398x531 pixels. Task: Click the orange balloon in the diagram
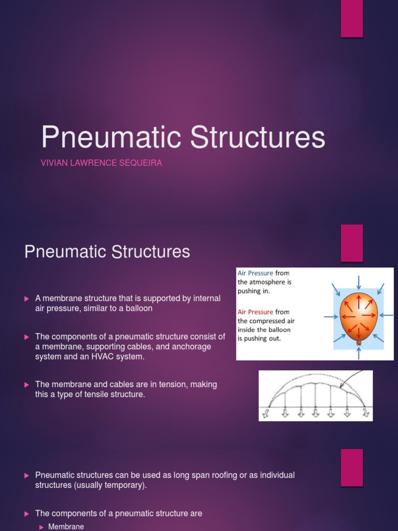pyautogui.click(x=358, y=314)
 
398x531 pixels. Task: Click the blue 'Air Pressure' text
pyautogui.click(x=255, y=273)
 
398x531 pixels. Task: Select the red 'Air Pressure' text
pyautogui.click(x=255, y=312)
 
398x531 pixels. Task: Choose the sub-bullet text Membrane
pyautogui.click(x=66, y=526)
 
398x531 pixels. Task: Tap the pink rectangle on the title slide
pyautogui.click(x=352, y=19)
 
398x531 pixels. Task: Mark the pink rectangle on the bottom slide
pyautogui.click(x=352, y=467)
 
